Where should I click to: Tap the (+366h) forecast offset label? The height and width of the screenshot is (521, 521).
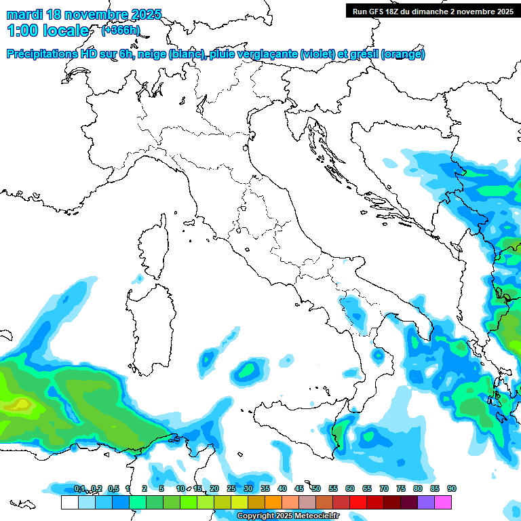(120, 31)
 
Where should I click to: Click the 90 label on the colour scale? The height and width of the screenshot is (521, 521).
(452, 488)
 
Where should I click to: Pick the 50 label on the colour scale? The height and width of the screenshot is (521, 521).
(316, 488)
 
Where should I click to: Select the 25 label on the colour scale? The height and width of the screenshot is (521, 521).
(231, 488)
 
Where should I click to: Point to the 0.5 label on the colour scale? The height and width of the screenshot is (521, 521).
(113, 488)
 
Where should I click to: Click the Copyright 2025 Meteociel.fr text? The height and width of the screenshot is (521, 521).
(288, 516)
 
